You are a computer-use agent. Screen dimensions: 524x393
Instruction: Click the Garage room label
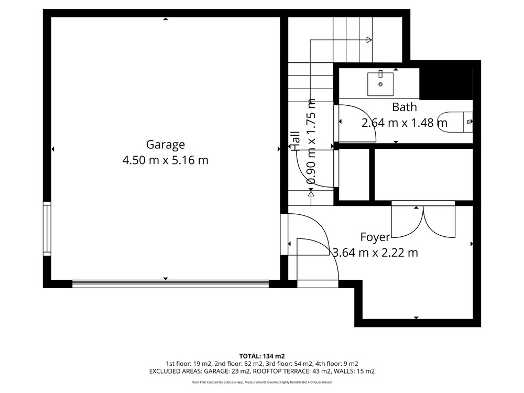(166, 145)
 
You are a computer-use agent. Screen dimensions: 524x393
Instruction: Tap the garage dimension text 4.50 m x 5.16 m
(166, 160)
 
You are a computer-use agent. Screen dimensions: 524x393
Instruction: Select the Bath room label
(405, 107)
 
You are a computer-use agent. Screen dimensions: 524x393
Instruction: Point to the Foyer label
(375, 237)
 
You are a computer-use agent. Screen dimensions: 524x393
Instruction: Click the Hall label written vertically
(296, 140)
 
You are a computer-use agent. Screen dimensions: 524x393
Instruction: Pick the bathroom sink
(380, 84)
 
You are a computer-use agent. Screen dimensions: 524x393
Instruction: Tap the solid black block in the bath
(446, 84)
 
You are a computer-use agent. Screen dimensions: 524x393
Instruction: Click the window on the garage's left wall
(47, 228)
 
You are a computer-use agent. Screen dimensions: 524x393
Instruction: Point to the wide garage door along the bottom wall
(170, 283)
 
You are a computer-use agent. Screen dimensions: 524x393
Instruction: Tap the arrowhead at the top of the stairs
(369, 40)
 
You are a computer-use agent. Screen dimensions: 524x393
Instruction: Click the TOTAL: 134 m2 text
(262, 356)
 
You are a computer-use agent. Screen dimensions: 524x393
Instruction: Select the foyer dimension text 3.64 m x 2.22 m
(375, 253)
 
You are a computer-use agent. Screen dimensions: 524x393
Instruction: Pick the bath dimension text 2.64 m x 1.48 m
(405, 123)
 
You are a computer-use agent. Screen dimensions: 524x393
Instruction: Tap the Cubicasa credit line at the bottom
(262, 382)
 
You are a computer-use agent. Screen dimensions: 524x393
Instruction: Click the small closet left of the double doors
(354, 174)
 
